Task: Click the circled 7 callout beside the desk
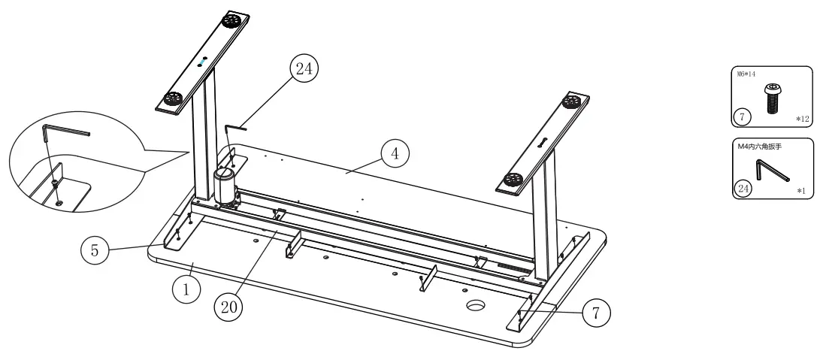click(596, 312)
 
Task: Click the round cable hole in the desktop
click(475, 305)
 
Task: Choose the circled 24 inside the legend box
click(743, 188)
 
